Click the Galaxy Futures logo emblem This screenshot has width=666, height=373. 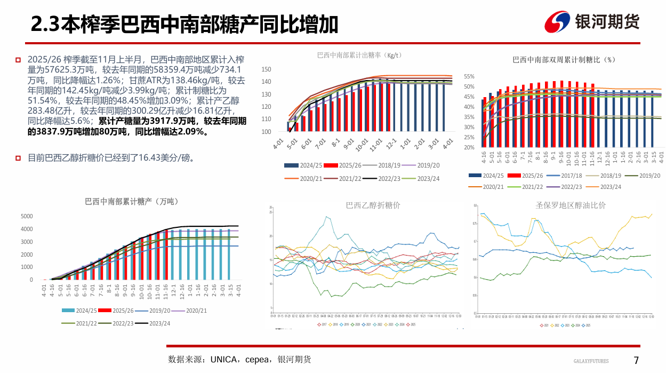pos(557,22)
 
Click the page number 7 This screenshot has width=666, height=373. pos(636,360)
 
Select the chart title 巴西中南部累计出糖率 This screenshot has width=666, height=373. pos(359,55)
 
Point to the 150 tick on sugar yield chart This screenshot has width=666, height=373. pos(267,69)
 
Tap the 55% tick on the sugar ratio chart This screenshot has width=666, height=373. pos(469,77)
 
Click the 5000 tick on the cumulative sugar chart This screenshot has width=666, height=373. pos(26,216)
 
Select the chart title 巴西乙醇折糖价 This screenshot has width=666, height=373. pos(373,205)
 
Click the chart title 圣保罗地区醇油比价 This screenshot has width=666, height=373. pos(571,205)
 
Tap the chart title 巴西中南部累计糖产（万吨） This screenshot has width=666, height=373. pos(132,201)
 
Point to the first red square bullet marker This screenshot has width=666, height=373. pos(18,60)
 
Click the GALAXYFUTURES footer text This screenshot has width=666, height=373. pos(591,361)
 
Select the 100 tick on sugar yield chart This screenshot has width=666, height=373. pos(267,132)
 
